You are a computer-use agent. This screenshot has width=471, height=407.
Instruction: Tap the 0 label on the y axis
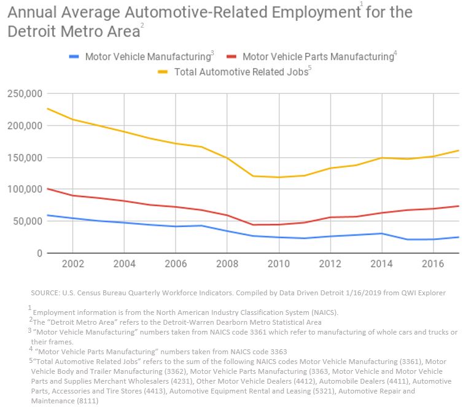[38, 253]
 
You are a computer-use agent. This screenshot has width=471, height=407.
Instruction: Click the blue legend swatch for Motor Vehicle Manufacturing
[74, 57]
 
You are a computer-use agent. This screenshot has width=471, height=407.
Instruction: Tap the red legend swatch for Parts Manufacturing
[232, 57]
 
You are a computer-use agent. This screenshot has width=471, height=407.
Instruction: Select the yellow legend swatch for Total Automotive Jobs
[163, 72]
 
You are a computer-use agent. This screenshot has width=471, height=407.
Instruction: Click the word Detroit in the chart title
[33, 31]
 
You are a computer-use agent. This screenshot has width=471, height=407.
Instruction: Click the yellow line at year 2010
[279, 177]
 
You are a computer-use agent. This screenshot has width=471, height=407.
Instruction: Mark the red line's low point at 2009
[253, 225]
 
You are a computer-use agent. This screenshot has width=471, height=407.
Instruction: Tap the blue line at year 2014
[382, 233]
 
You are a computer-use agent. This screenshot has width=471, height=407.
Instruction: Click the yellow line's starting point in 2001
[47, 109]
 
